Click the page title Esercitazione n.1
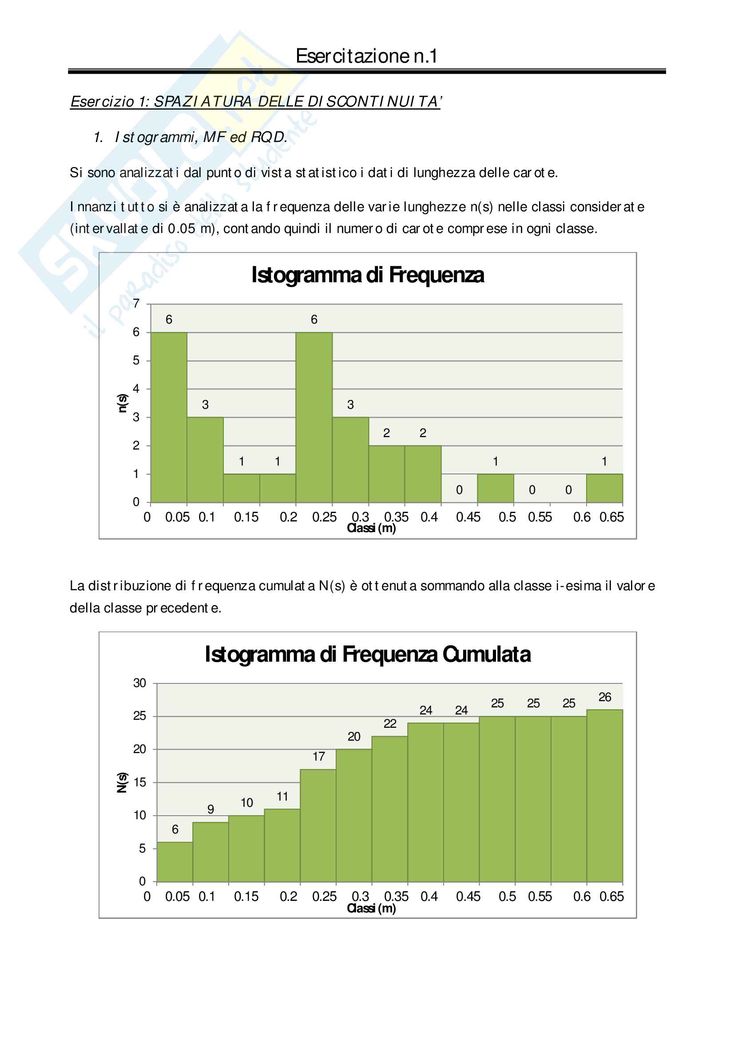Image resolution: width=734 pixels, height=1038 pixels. [366, 56]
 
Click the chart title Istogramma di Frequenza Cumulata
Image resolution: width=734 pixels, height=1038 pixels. [367, 654]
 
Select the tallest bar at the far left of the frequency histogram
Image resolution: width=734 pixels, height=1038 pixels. [169, 417]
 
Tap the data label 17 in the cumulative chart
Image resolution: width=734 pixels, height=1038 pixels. [318, 756]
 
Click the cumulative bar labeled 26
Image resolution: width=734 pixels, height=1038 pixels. [604, 796]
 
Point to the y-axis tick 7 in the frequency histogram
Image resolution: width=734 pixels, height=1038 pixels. [136, 304]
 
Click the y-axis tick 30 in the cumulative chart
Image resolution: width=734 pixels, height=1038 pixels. [139, 683]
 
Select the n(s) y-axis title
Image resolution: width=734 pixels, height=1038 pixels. [122, 403]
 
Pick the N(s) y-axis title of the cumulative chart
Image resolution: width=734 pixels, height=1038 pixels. [122, 782]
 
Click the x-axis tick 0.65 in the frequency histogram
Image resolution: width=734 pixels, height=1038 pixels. [611, 517]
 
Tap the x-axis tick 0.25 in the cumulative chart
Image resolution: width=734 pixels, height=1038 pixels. [324, 896]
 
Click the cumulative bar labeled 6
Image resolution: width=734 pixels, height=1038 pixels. [175, 862]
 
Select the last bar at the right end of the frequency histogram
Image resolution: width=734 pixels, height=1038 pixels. [604, 488]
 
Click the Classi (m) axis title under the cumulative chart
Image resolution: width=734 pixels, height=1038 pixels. [371, 908]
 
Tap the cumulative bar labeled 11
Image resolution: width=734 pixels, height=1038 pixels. [282, 845]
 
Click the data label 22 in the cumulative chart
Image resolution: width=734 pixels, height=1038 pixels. [390, 724]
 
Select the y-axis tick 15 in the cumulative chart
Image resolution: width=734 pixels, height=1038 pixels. [139, 782]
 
